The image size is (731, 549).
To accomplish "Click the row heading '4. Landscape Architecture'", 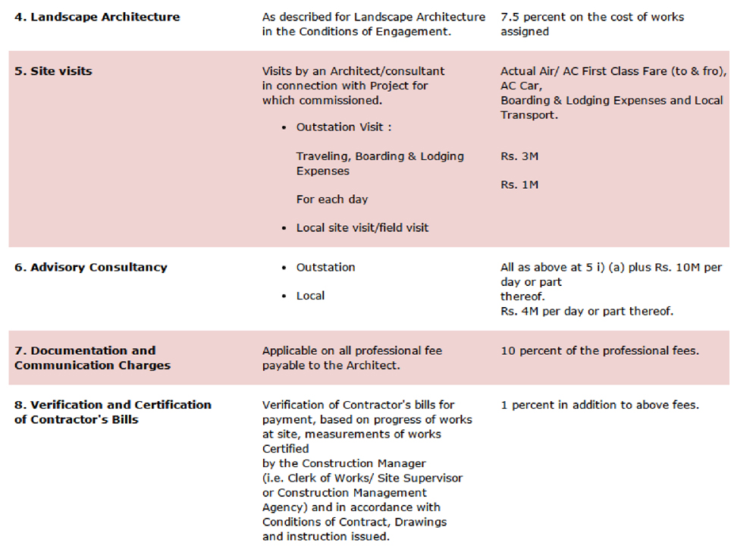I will tap(97, 16).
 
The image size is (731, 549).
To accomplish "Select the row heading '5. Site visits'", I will tap(53, 71).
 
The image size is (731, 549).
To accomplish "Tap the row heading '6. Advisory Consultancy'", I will tap(90, 267).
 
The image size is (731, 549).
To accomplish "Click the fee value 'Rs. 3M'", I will tap(519, 156).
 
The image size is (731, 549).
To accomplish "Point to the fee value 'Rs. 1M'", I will tap(519, 184).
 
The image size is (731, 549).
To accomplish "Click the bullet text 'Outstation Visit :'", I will tap(344, 127).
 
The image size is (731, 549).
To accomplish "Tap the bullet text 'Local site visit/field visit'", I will tap(362, 227).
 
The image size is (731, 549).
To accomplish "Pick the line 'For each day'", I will tap(331, 199).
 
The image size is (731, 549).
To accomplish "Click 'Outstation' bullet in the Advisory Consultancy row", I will tap(325, 267).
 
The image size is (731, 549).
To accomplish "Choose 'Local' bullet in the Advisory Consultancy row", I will tap(310, 296).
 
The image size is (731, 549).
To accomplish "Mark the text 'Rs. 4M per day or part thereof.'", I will tap(586, 311).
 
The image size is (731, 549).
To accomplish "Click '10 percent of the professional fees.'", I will tap(600, 350).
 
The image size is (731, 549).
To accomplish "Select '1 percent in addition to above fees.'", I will tap(600, 405).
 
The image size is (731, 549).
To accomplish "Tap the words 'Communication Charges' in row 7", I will tap(92, 365).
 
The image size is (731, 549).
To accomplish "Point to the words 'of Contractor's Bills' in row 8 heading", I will tap(76, 419).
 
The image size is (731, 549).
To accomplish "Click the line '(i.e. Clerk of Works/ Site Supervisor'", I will tap(362, 478).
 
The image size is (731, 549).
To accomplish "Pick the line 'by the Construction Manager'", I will tap(344, 463).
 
